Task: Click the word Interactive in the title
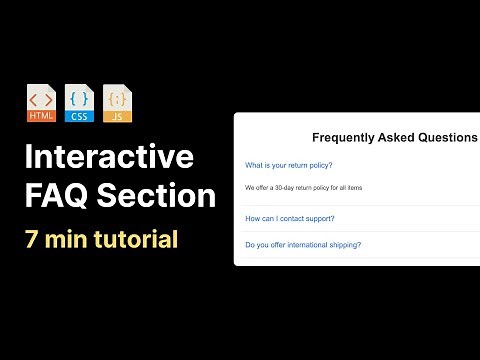(x=109, y=158)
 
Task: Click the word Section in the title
(x=159, y=194)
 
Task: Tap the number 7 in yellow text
(x=34, y=240)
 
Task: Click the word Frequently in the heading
(x=345, y=137)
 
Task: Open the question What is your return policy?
(x=288, y=165)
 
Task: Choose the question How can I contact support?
(x=289, y=218)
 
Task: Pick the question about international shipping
(x=303, y=244)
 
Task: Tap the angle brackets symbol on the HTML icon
(x=42, y=99)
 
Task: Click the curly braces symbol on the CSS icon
(x=80, y=99)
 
